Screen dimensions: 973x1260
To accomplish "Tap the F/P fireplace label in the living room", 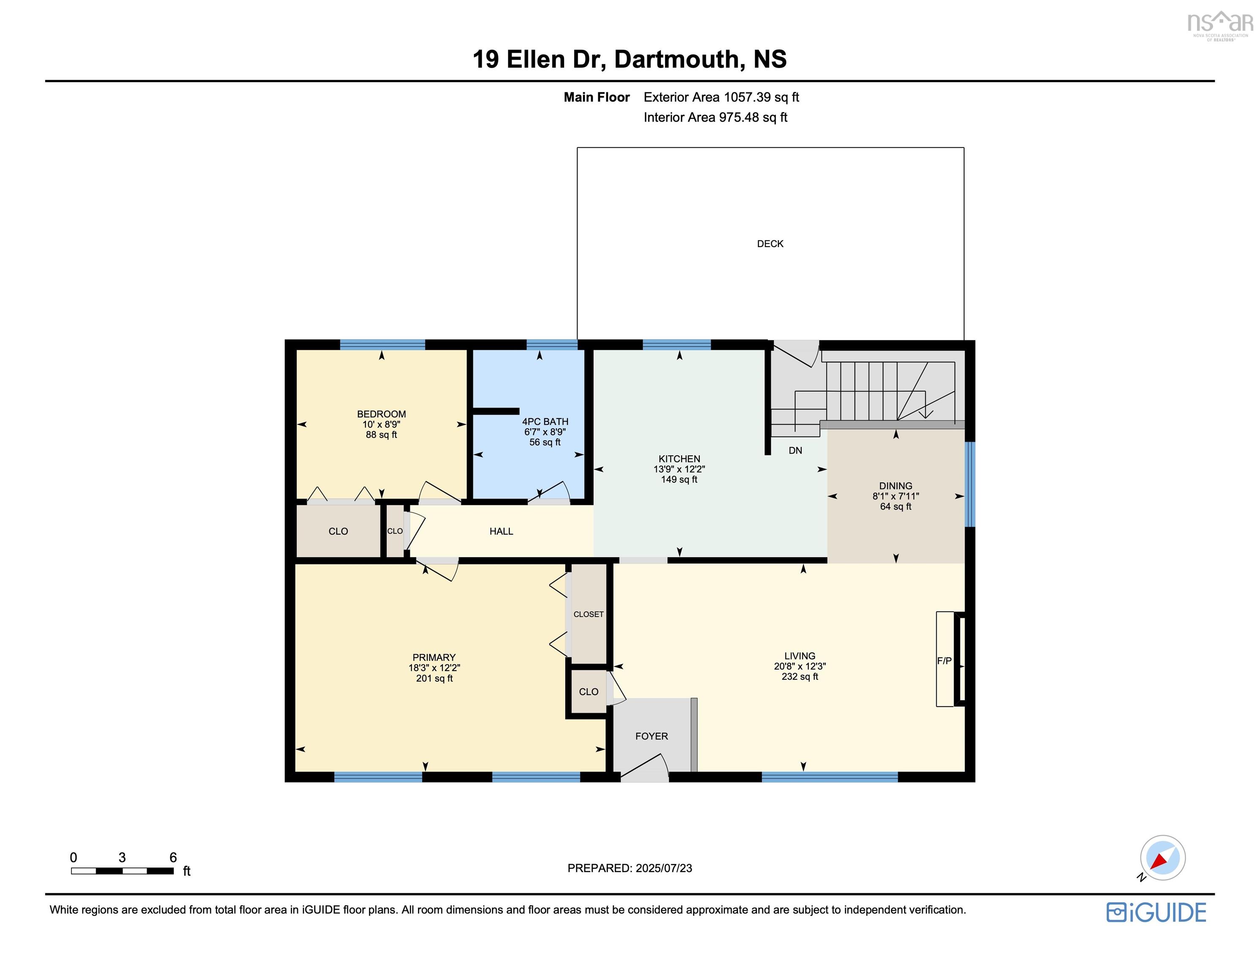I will point(944,661).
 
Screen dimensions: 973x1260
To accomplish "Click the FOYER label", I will point(652,737).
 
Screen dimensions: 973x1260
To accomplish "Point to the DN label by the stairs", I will point(795,451).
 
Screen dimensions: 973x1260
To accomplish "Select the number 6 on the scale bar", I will point(173,858).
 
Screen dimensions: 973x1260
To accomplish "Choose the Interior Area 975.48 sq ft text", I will point(715,118).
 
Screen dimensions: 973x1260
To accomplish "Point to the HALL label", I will point(501,532).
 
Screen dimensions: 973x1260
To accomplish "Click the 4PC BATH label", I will point(545,421).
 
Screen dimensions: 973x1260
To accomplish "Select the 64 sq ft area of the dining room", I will point(895,507).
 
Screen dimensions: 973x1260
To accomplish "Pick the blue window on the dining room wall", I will point(970,484).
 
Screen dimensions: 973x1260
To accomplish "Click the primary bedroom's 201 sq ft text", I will point(434,679).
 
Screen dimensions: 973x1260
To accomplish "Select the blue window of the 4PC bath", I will point(551,345).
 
